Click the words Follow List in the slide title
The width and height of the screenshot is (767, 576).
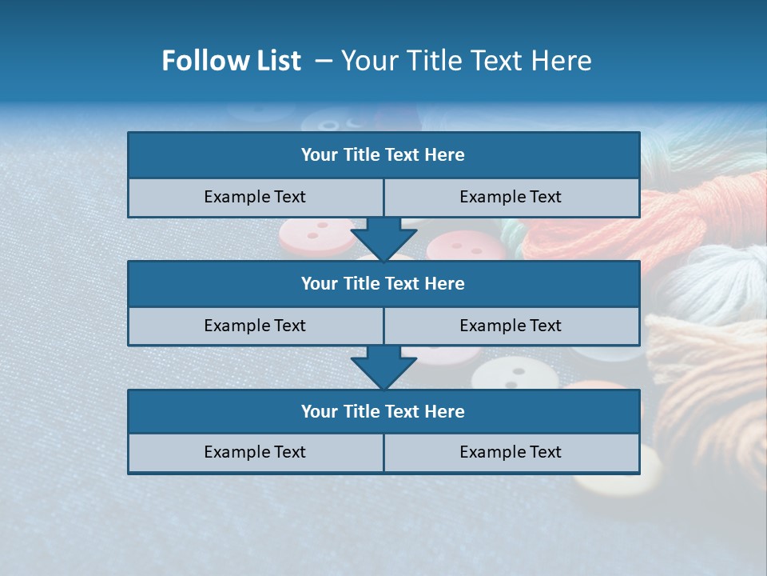coord(231,61)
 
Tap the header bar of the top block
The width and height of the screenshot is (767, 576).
coord(383,155)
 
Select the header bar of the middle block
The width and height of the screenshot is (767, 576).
coord(383,283)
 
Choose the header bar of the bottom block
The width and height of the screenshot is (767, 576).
coord(383,411)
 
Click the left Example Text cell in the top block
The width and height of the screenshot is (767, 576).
coord(256,198)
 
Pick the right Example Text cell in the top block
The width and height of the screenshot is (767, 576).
coord(511,198)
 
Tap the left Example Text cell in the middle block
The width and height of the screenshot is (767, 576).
coord(256,326)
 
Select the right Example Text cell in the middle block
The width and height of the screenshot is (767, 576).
coord(511,326)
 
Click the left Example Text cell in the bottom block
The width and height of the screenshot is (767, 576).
coord(256,453)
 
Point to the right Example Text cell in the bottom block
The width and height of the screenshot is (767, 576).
coord(511,453)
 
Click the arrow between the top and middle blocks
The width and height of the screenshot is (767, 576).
coord(383,238)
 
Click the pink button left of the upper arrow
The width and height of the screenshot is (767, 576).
coord(316,237)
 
